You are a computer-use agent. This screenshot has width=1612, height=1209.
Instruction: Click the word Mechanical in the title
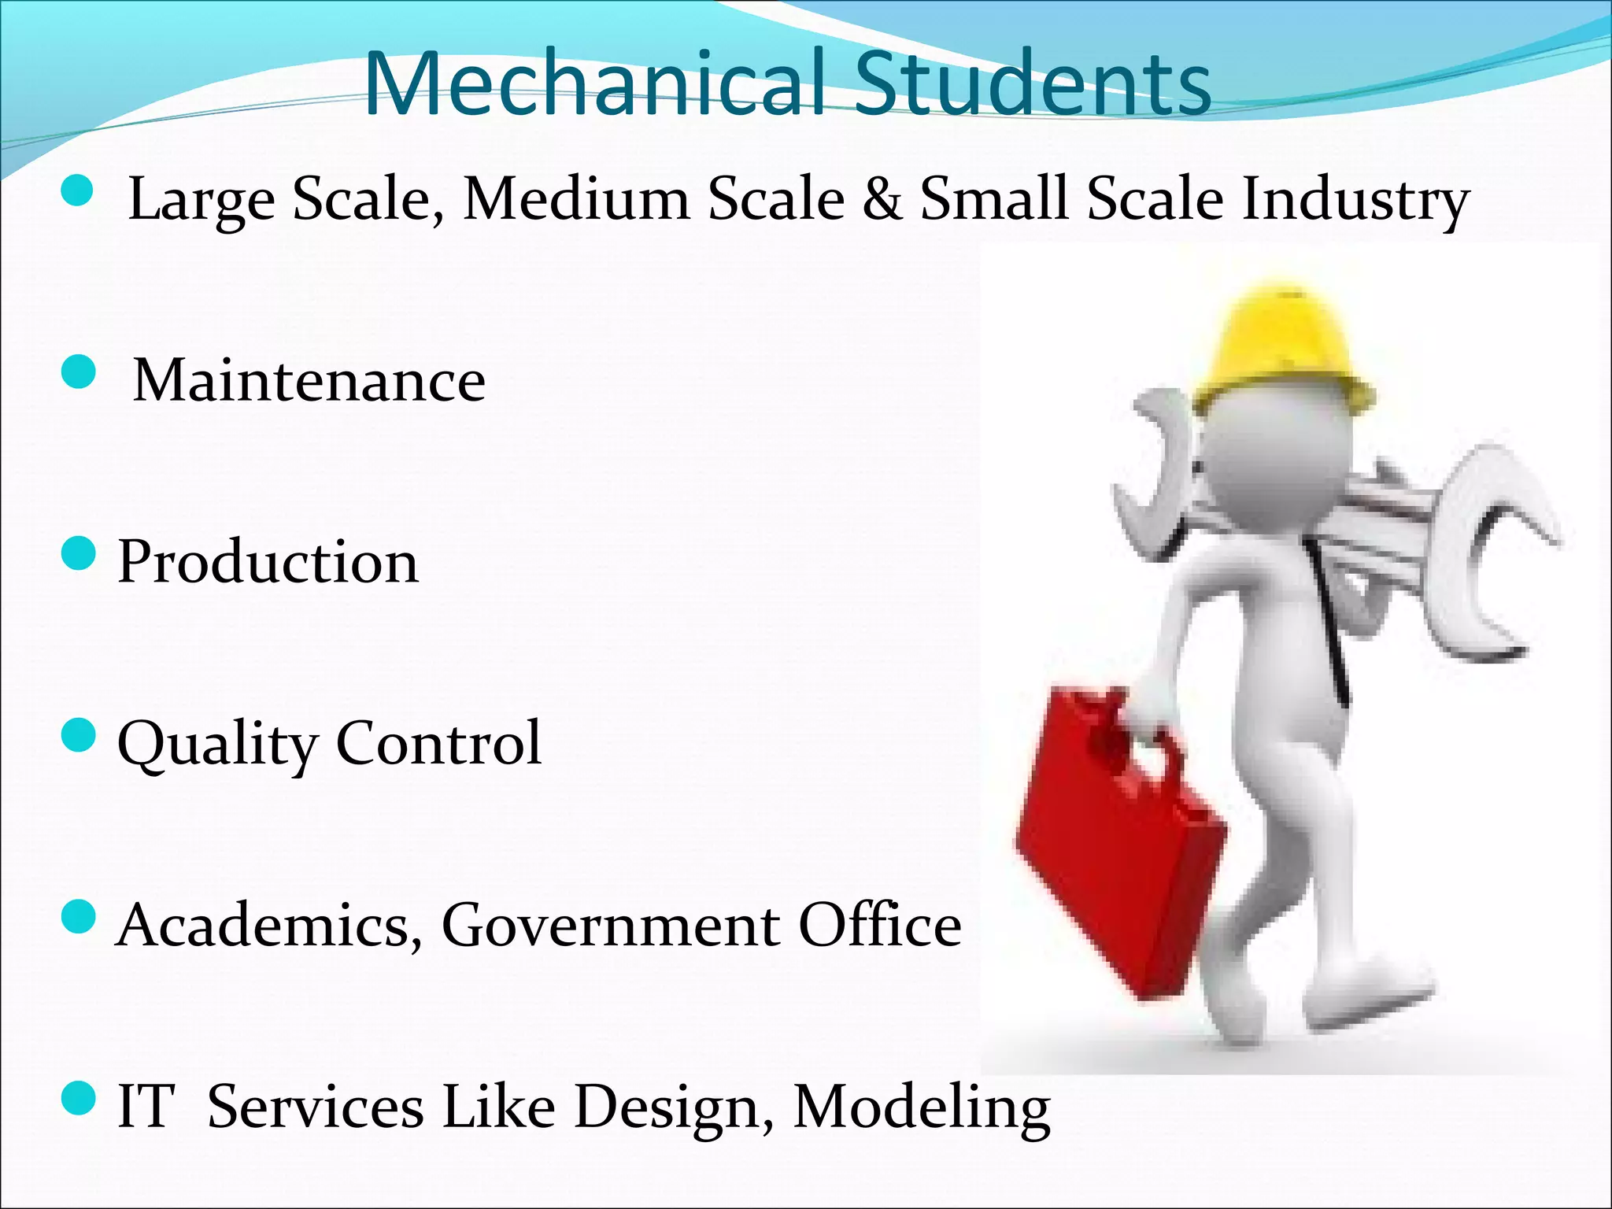coord(594,84)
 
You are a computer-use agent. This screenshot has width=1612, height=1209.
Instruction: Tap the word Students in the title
coord(1033,84)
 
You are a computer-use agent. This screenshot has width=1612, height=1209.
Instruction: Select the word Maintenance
coord(309,380)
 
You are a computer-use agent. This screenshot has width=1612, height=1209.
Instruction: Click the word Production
coord(268,563)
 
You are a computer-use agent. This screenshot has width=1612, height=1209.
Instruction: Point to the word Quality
coord(216,745)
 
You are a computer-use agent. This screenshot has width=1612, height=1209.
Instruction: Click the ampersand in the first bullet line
coord(882,198)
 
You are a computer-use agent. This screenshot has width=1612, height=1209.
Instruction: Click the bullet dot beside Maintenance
coord(78,372)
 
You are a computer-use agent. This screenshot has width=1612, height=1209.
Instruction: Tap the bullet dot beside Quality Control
coord(78,736)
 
